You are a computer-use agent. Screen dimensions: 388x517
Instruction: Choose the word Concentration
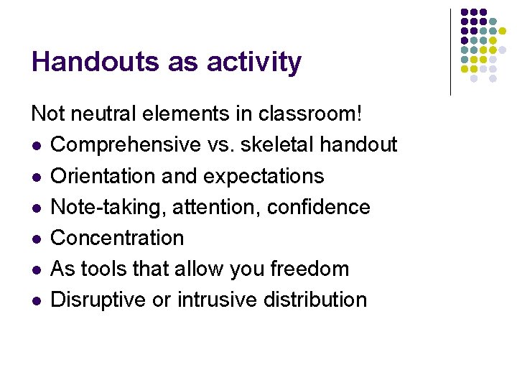118,238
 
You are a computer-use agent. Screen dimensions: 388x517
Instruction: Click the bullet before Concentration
35,239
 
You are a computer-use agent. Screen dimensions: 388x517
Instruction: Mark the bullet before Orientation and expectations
35,177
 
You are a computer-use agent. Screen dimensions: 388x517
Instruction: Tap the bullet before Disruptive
35,300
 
